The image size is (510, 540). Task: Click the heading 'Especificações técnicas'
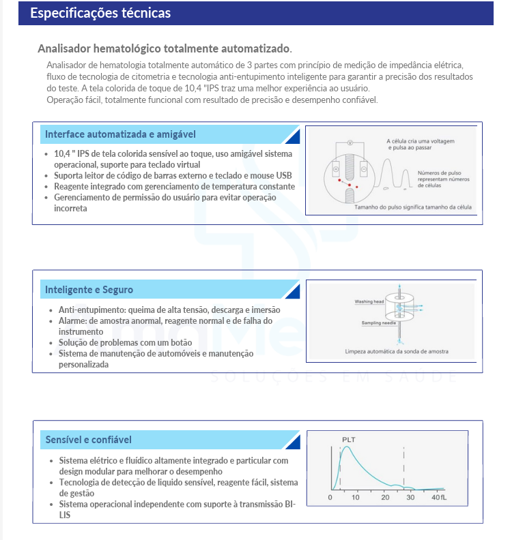click(100, 13)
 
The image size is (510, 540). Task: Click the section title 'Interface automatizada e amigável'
click(120, 134)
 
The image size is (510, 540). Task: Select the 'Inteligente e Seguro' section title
click(89, 290)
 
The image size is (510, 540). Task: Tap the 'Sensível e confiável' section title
click(88, 440)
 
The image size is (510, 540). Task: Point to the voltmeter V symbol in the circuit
click(349, 143)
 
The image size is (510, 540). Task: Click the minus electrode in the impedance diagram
click(363, 168)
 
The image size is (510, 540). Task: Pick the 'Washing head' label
click(369, 301)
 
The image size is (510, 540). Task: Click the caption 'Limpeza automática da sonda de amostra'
click(397, 352)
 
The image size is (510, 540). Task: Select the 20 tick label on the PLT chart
click(385, 498)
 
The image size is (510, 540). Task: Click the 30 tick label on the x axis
click(411, 498)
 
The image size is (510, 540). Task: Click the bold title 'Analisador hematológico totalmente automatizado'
click(165, 48)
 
